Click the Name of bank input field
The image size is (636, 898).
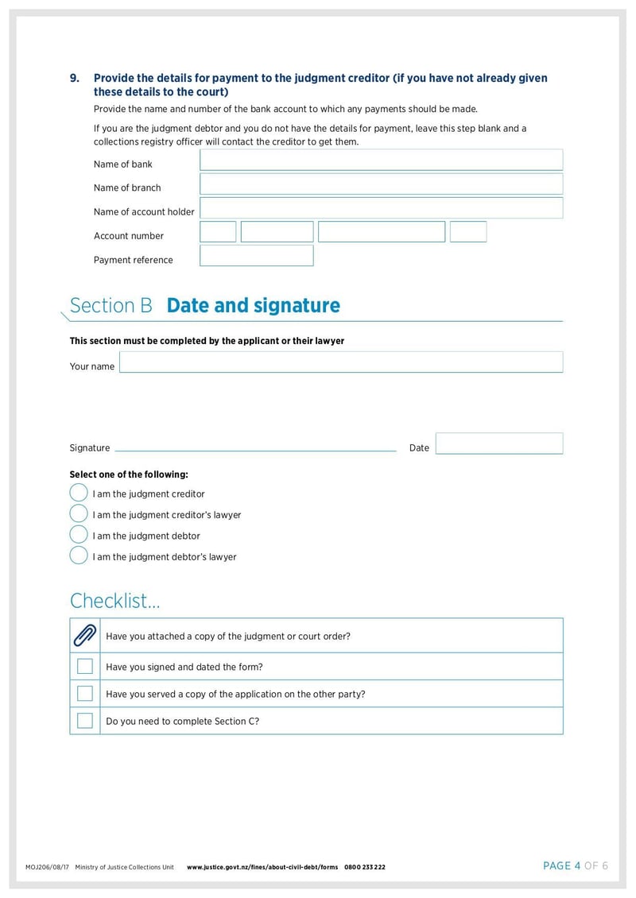381,160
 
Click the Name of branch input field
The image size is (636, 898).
381,184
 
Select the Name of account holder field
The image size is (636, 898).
381,208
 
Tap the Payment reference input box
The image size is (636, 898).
256,256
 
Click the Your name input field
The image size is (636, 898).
341,362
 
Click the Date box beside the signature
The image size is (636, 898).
498,443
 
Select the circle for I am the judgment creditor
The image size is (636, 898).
79,493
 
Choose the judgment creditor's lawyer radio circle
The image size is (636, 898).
79,513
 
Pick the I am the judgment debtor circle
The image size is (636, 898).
79,534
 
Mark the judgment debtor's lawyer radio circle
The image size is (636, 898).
79,555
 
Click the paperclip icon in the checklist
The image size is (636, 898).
84,635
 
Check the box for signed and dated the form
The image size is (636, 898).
85,666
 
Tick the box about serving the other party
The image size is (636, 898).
85,693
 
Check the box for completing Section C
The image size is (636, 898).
85,721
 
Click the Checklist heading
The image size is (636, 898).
114,601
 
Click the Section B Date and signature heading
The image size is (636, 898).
204,306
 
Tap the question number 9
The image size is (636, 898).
75,78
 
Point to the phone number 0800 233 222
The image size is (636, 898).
365,867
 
